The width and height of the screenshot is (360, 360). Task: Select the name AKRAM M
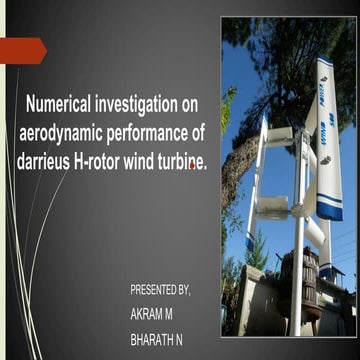tap(150, 314)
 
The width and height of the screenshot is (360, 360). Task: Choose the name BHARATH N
tap(155, 339)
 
